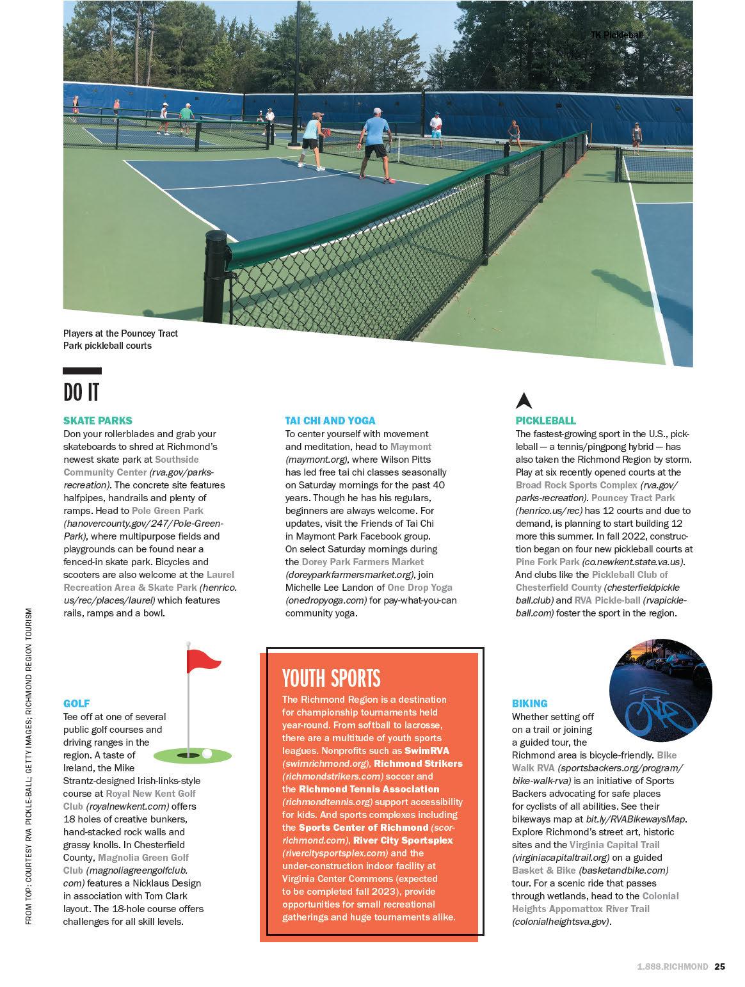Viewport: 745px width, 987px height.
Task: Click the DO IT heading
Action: (x=81, y=392)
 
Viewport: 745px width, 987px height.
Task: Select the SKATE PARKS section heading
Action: (x=98, y=421)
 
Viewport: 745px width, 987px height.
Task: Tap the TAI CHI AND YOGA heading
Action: (x=330, y=421)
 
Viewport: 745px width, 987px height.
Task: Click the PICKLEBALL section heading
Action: (x=545, y=421)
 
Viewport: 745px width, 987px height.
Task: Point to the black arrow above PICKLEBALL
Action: (x=524, y=401)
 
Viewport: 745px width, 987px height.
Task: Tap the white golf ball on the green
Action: (x=207, y=753)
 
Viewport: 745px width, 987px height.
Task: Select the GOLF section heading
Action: (x=76, y=703)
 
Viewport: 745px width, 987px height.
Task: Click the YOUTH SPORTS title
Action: (x=331, y=678)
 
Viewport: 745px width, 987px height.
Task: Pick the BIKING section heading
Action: (x=529, y=703)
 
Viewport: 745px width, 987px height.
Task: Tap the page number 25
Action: (x=720, y=967)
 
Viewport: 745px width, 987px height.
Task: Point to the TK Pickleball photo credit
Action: (x=616, y=35)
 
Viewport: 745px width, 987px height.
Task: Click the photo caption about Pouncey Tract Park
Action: (x=120, y=339)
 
